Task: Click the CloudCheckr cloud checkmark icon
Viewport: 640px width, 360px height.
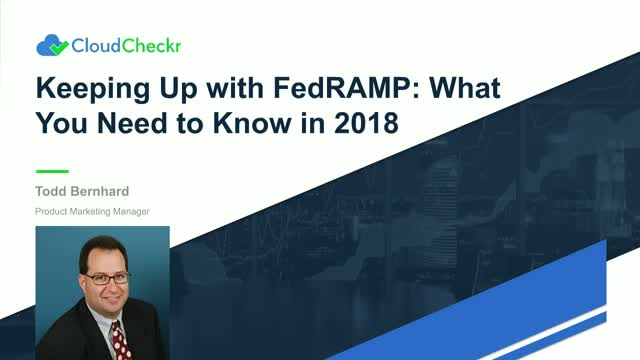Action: click(52, 44)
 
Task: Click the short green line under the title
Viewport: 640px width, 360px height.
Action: click(52, 171)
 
